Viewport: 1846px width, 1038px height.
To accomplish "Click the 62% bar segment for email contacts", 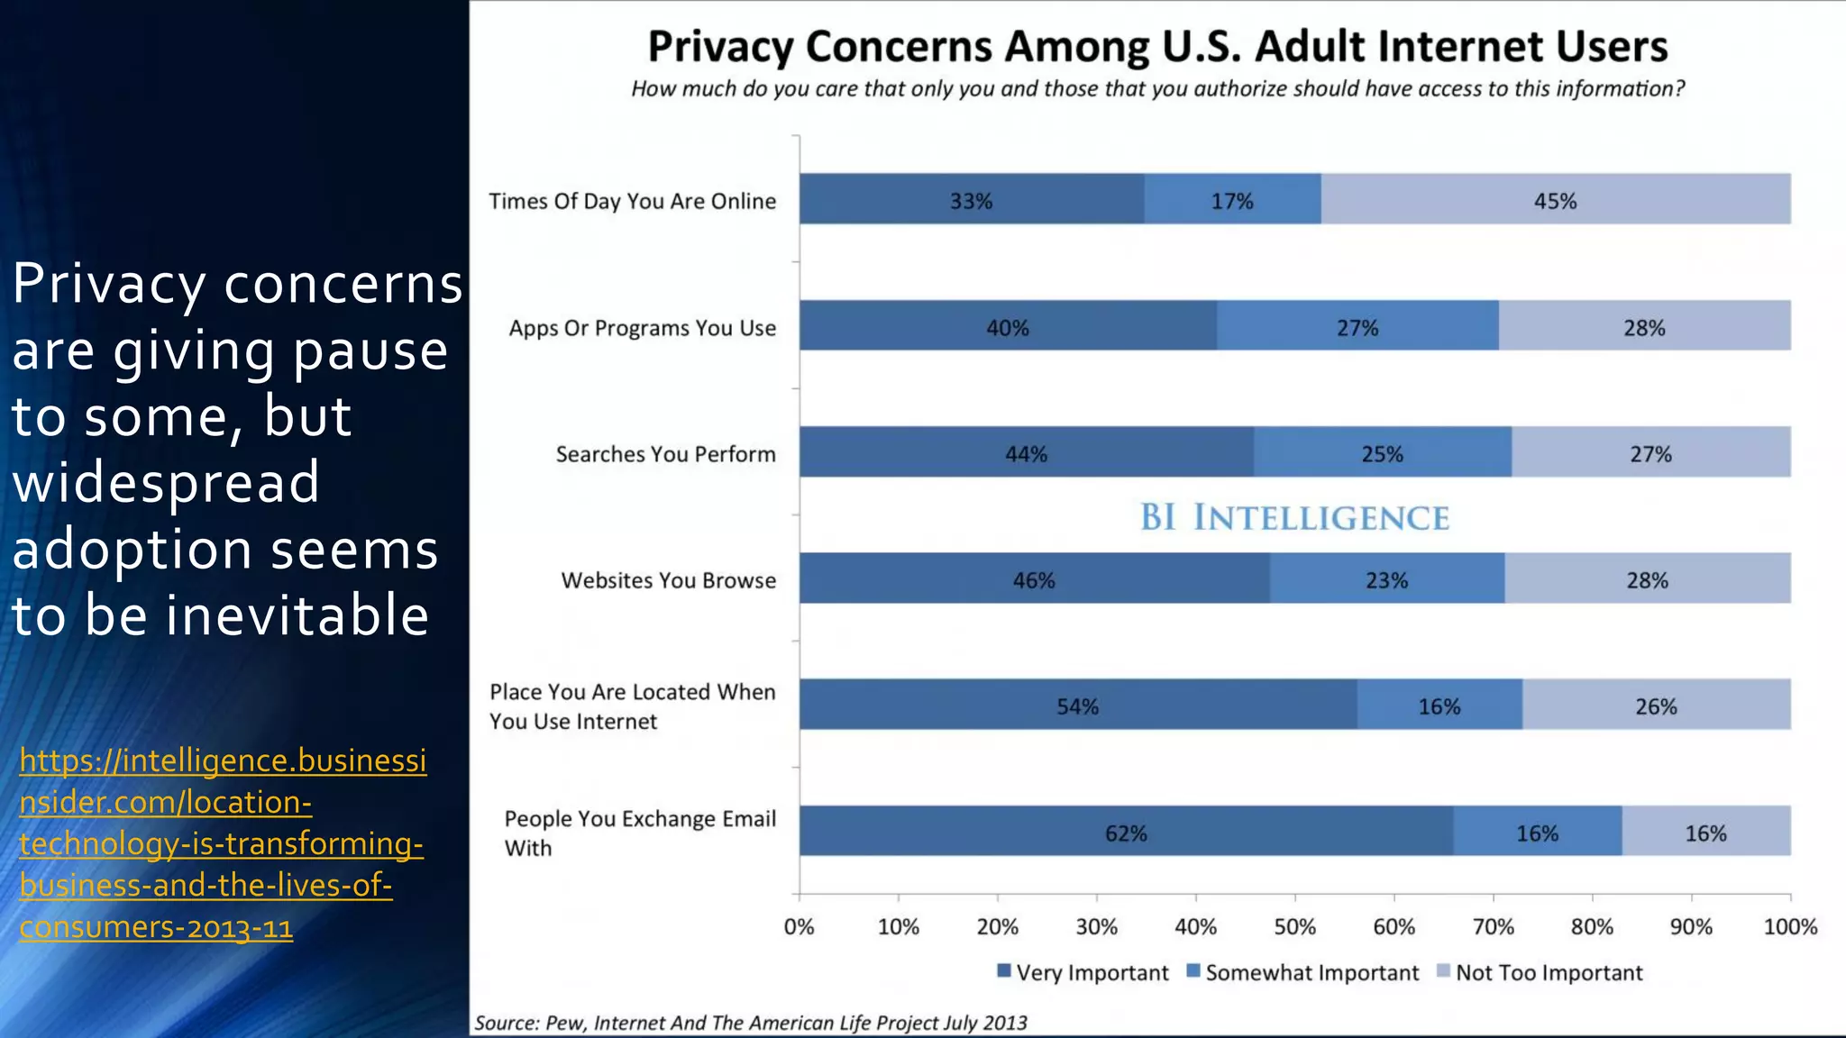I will tap(1126, 832).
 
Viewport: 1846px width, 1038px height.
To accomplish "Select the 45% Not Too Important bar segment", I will tap(1555, 200).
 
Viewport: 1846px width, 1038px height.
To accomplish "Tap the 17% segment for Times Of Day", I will tap(1231, 200).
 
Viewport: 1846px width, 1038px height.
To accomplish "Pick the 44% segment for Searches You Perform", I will tap(1026, 453).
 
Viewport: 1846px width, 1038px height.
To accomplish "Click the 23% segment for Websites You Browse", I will tap(1386, 579).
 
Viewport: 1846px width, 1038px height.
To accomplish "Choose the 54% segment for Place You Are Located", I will tap(1077, 706).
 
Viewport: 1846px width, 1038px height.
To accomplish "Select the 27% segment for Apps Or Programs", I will tap(1357, 327).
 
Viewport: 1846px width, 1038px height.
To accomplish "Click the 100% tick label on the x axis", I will tap(1789, 926).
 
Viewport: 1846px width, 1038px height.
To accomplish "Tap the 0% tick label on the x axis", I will tap(799, 926).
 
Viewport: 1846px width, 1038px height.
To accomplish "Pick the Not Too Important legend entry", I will tap(1540, 972).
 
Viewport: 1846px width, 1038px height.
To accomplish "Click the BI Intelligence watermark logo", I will tap(1294, 517).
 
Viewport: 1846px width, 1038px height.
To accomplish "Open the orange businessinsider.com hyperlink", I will tap(222, 843).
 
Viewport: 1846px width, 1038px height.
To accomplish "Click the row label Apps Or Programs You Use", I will tap(642, 328).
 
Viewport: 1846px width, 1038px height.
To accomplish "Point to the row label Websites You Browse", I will tap(668, 580).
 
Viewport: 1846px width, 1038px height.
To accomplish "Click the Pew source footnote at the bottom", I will tap(750, 1023).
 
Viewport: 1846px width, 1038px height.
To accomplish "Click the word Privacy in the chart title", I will tap(720, 47).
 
